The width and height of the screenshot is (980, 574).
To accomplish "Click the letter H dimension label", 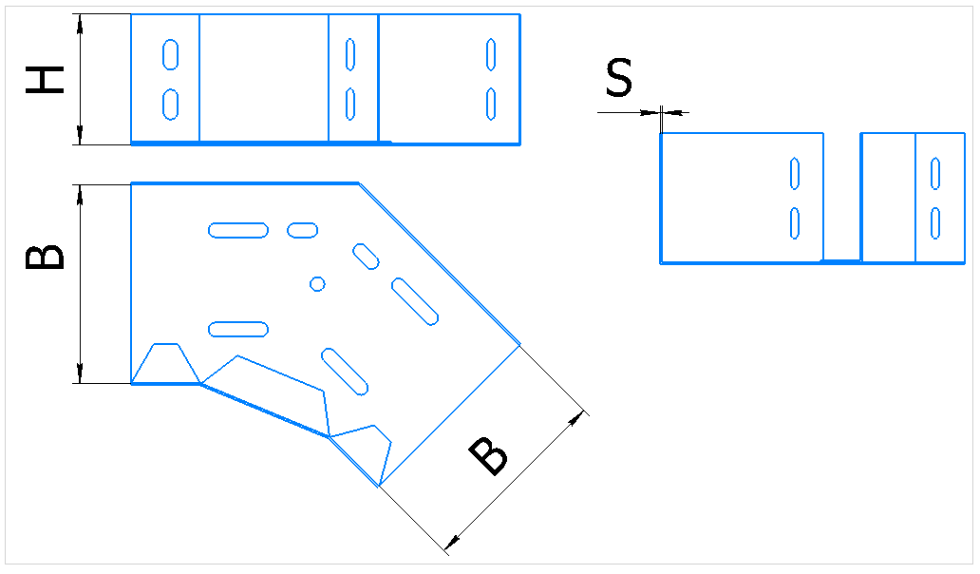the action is pyautogui.click(x=45, y=80).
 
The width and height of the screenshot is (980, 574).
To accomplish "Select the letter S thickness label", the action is pyautogui.click(x=619, y=78).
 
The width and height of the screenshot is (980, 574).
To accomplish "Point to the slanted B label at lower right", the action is pyautogui.click(x=488, y=456).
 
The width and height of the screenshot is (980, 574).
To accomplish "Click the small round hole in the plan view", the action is pyautogui.click(x=317, y=284).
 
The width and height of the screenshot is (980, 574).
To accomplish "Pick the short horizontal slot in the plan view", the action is pyautogui.click(x=303, y=230).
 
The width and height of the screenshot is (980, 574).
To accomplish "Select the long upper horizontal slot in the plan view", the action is pyautogui.click(x=238, y=230).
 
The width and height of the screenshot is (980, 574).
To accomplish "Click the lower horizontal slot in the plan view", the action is pyautogui.click(x=238, y=329).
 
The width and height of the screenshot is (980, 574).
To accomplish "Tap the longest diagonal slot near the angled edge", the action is pyautogui.click(x=415, y=302).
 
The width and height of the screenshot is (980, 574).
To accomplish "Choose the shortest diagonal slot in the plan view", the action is pyautogui.click(x=367, y=257).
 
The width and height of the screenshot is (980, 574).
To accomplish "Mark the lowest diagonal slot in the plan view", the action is pyautogui.click(x=345, y=372).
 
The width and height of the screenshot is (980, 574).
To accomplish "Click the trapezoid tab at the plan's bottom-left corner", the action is pyautogui.click(x=165, y=363).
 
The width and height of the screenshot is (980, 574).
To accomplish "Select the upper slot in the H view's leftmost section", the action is pyautogui.click(x=171, y=54).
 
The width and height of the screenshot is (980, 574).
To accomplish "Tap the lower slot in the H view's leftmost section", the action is pyautogui.click(x=171, y=104).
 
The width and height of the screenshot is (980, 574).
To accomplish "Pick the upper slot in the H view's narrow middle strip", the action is pyautogui.click(x=350, y=54).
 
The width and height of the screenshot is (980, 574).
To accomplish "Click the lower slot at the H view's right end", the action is pyautogui.click(x=491, y=104).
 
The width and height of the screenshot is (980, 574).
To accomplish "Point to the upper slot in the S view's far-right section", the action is pyautogui.click(x=935, y=173).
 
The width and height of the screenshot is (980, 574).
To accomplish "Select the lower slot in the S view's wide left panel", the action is pyautogui.click(x=795, y=223).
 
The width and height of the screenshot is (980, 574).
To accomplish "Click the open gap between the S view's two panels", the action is pyautogui.click(x=842, y=197).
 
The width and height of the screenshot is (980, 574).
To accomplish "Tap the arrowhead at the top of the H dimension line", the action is pyautogui.click(x=80, y=25).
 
